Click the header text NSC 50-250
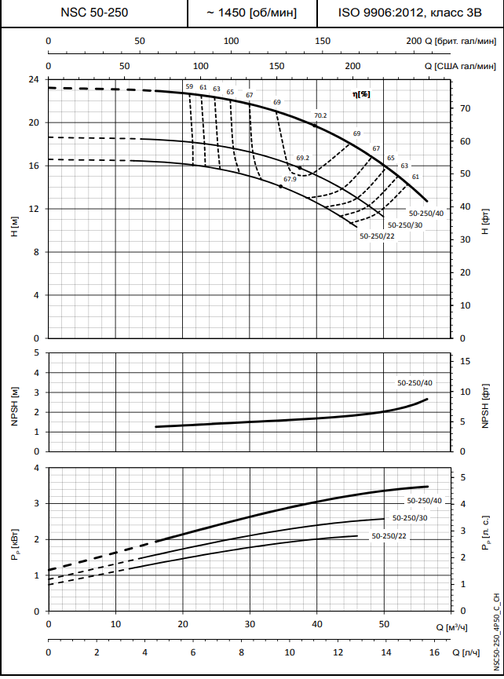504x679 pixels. click(93, 13)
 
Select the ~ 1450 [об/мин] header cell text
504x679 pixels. click(251, 13)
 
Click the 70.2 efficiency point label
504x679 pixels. click(320, 115)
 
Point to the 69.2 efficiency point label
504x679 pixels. click(303, 158)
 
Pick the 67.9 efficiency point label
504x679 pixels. click(290, 179)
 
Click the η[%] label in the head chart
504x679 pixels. click(361, 93)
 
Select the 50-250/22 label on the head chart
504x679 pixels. click(377, 235)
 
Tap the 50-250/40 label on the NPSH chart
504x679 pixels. click(415, 383)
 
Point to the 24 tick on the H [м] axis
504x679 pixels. click(34, 80)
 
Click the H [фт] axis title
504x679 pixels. click(486, 227)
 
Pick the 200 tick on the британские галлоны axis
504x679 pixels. click(414, 41)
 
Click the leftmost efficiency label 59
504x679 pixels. click(189, 86)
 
